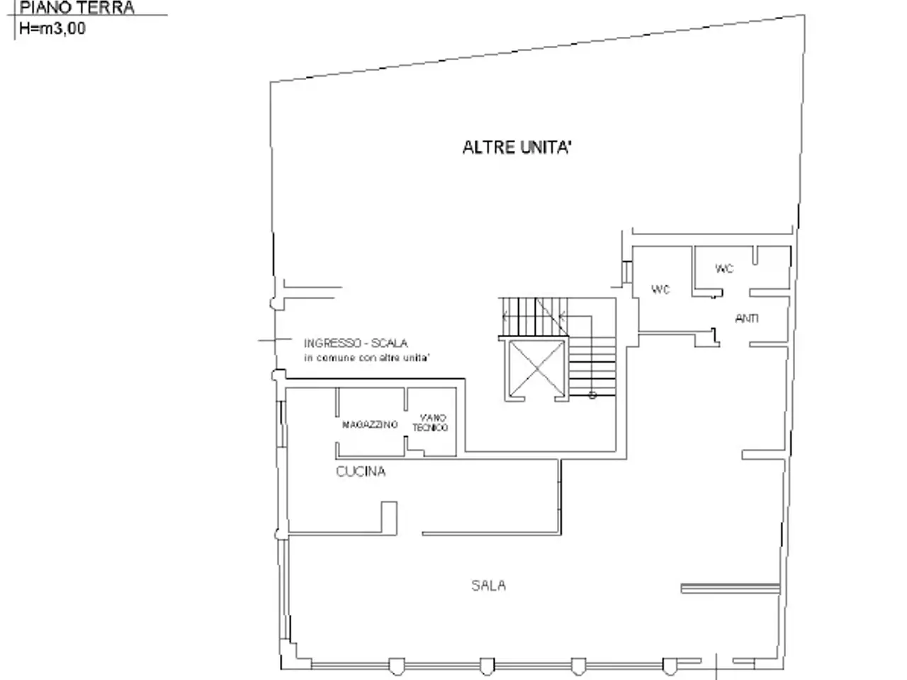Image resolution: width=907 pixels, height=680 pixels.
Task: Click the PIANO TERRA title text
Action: pos(77,8)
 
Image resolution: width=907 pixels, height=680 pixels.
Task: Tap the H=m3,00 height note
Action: pos(52,28)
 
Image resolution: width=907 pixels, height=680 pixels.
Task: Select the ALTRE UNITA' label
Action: pos(517,147)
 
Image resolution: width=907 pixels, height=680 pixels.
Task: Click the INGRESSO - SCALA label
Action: pos(356,343)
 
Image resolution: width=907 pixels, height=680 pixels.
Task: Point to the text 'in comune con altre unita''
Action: pos(366,358)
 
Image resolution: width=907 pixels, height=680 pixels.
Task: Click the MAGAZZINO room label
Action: pos(370,424)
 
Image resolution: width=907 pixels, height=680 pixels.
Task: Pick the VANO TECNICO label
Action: pos(430,422)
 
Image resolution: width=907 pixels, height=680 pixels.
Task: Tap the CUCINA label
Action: pos(361,471)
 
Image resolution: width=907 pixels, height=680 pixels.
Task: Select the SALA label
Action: pos(488,585)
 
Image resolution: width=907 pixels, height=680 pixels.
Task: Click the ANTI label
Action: pos(747,318)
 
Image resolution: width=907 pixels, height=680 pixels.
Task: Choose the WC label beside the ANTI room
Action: pos(660,290)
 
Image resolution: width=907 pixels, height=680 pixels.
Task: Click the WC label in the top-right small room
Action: pos(724,268)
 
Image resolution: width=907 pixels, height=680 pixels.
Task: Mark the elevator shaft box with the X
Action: pos(536,368)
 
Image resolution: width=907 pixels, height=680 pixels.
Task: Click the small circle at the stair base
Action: pos(592,395)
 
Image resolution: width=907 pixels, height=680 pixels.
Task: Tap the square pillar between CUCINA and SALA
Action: pos(389,518)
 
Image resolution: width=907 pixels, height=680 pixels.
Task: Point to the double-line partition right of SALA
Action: pos(730,588)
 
